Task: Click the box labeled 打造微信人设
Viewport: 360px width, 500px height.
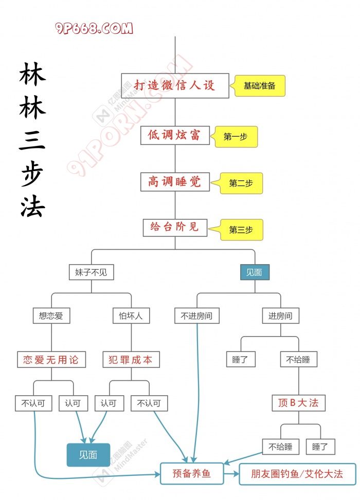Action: pyautogui.click(x=175, y=85)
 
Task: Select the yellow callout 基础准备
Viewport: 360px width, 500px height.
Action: pyautogui.click(x=260, y=86)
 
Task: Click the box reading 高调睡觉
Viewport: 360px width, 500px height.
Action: pyautogui.click(x=175, y=181)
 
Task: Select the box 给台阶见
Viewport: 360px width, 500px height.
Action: pyautogui.click(x=175, y=227)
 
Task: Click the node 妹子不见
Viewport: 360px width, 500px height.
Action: pyautogui.click(x=91, y=272)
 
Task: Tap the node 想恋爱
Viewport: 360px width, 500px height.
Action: pyautogui.click(x=51, y=316)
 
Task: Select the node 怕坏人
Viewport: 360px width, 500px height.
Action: pyautogui.click(x=131, y=316)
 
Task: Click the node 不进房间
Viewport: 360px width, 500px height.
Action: pyautogui.click(x=197, y=316)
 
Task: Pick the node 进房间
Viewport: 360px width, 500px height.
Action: pyautogui.click(x=280, y=316)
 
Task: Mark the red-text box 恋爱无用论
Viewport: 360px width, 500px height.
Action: pyautogui.click(x=51, y=360)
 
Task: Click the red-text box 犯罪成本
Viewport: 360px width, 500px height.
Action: pyautogui.click(x=131, y=360)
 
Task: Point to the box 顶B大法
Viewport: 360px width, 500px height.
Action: pyautogui.click(x=298, y=403)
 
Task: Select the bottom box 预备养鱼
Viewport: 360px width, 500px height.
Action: pyautogui.click(x=192, y=473)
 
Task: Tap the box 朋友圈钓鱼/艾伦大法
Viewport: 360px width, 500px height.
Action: pyautogui.click(x=297, y=473)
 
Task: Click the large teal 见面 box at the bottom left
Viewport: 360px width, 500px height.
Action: pyautogui.click(x=88, y=455)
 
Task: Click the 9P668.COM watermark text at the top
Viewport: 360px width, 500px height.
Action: pyautogui.click(x=94, y=28)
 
